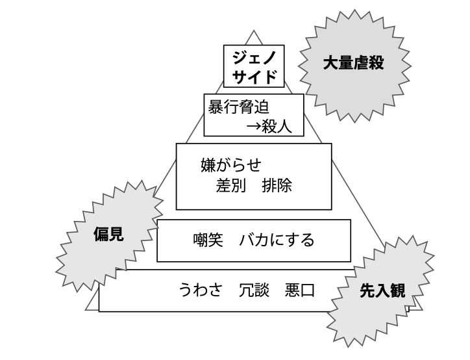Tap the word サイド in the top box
click(x=254, y=77)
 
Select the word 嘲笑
click(x=207, y=240)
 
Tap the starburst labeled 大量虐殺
click(x=354, y=63)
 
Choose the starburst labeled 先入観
click(x=382, y=292)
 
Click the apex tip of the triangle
click(x=254, y=31)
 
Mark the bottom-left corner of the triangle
click(x=86, y=307)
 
